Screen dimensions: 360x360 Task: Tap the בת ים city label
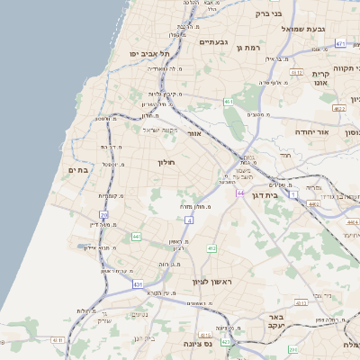point(77,169)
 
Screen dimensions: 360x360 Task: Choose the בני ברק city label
point(269,13)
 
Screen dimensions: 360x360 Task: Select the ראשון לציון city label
point(211,282)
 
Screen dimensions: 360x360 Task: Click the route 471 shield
point(339,43)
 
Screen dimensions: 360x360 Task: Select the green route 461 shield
point(229,103)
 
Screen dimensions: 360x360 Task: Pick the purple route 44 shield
point(239,193)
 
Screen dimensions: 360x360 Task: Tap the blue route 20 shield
point(104,215)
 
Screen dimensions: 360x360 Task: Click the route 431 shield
point(138,284)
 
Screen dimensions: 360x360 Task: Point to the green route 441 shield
point(137,237)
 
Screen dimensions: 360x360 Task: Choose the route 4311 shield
point(58,339)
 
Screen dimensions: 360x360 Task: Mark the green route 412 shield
point(211,248)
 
